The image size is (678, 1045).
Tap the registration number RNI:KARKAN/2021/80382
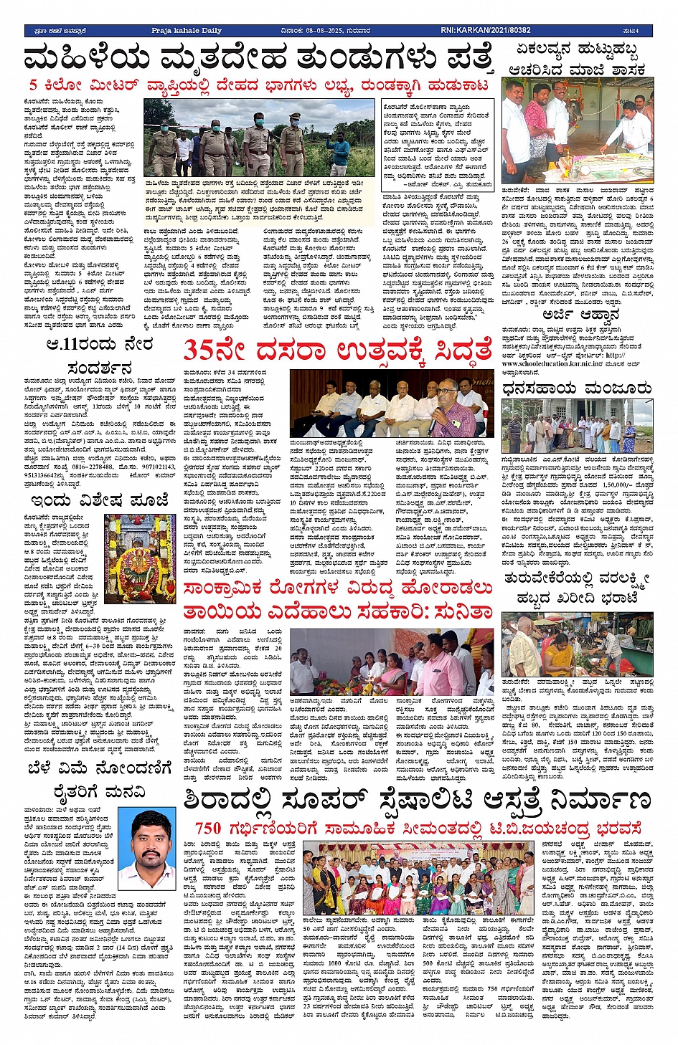486,30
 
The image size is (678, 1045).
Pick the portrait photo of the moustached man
146,849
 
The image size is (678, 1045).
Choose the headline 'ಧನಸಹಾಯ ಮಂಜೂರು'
576,388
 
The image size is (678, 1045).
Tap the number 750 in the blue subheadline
209,829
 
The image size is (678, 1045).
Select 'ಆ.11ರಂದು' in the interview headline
79,345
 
